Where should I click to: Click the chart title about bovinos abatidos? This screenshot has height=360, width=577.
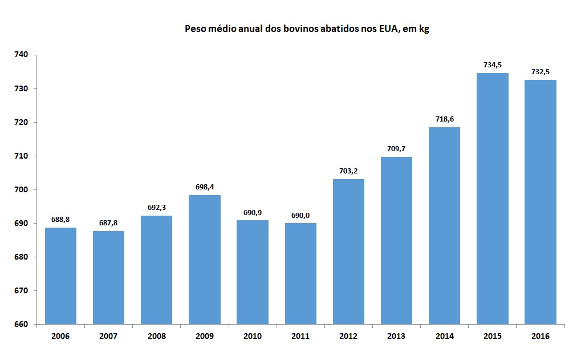point(307,29)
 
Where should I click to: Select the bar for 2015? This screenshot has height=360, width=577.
point(492,199)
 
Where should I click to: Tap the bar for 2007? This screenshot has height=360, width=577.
point(108,277)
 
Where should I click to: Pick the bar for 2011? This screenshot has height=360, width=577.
point(300,273)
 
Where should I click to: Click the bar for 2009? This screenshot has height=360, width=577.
point(204,260)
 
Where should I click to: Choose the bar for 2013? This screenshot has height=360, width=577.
point(396,240)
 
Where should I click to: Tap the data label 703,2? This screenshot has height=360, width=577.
point(348,171)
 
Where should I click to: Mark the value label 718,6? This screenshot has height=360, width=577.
point(444,119)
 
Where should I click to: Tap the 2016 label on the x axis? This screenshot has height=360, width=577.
point(540,336)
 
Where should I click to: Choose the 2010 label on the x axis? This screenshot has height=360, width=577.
point(252,336)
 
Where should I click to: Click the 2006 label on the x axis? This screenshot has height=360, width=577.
point(60,336)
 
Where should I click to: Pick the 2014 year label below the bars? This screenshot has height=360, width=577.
point(444,336)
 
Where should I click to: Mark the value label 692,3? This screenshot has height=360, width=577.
point(156,208)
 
